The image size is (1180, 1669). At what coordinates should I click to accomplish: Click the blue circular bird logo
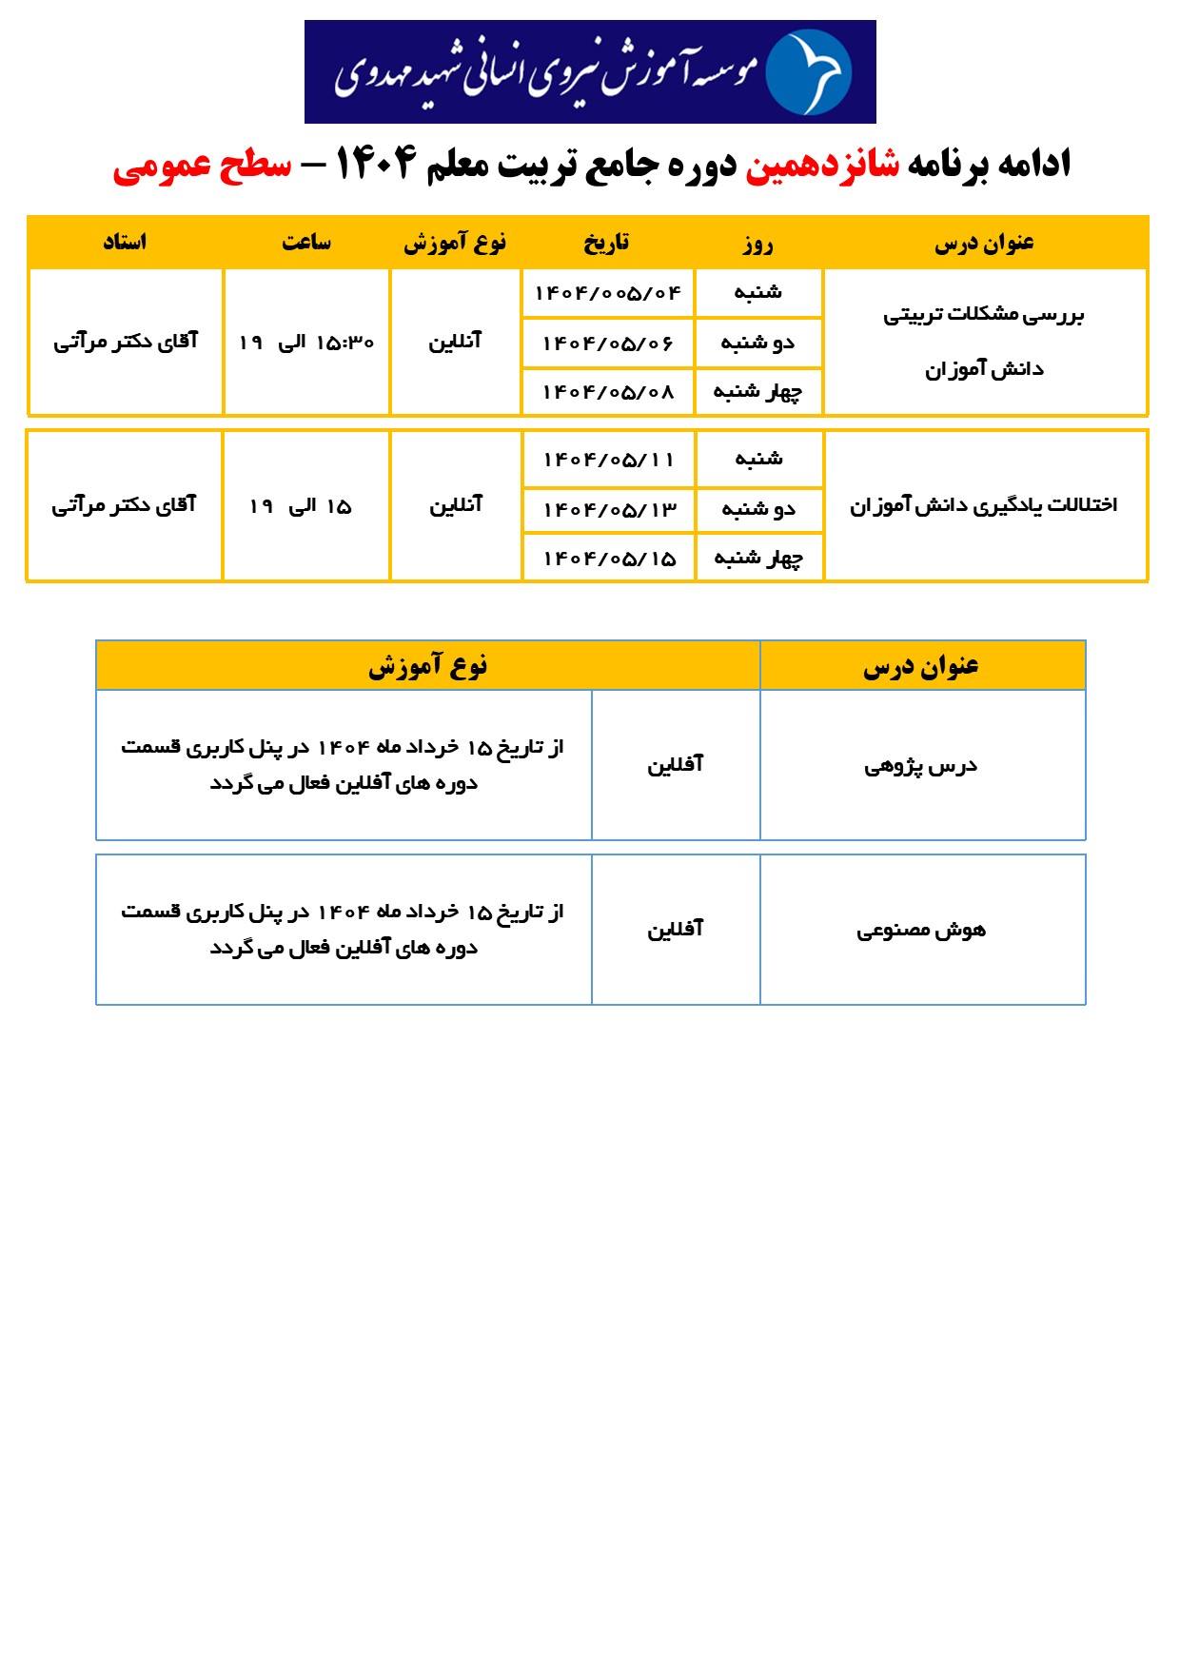point(808,72)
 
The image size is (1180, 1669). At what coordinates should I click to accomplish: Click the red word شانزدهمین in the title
point(822,165)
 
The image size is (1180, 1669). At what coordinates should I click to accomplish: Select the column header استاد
point(126,243)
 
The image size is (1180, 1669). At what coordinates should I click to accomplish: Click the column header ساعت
point(306,243)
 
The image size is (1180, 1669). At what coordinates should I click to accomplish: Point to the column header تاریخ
point(607,243)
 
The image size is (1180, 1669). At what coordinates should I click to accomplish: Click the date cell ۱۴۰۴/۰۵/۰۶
point(608,344)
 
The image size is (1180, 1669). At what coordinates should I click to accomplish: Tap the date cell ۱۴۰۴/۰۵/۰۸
point(608,392)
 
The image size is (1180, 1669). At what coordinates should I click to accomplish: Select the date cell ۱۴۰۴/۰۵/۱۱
point(609,460)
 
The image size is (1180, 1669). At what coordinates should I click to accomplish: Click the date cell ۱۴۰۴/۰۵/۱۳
point(609,510)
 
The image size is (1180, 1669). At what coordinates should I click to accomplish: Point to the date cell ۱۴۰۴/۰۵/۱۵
point(609,559)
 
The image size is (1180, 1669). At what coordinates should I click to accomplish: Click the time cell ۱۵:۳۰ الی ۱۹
point(306,343)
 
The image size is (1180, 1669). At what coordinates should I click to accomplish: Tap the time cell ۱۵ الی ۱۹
point(301,506)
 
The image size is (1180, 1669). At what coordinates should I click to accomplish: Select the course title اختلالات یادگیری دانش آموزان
point(984,505)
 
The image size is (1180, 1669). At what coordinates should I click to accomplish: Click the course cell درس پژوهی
point(921,766)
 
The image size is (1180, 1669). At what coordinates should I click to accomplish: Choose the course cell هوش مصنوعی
point(921,931)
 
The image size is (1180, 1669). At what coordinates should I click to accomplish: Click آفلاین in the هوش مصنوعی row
point(676,930)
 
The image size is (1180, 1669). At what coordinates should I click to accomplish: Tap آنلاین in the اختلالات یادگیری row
point(456,505)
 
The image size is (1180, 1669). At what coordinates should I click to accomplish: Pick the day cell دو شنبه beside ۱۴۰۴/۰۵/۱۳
point(758,510)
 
